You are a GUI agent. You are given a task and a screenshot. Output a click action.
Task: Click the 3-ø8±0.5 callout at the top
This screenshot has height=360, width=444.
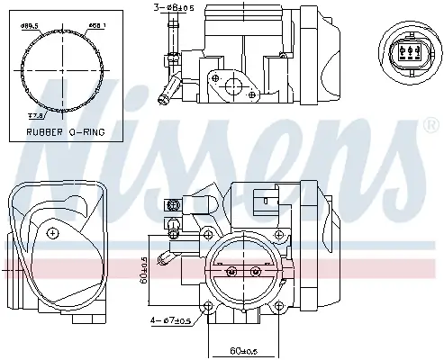tap(173, 9)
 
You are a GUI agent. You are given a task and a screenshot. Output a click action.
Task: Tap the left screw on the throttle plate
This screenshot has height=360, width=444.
tap(231, 271)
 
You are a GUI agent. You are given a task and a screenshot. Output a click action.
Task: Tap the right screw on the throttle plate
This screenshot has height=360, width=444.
tap(256, 271)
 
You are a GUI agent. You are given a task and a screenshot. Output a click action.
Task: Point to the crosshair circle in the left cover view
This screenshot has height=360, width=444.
tap(53, 233)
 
